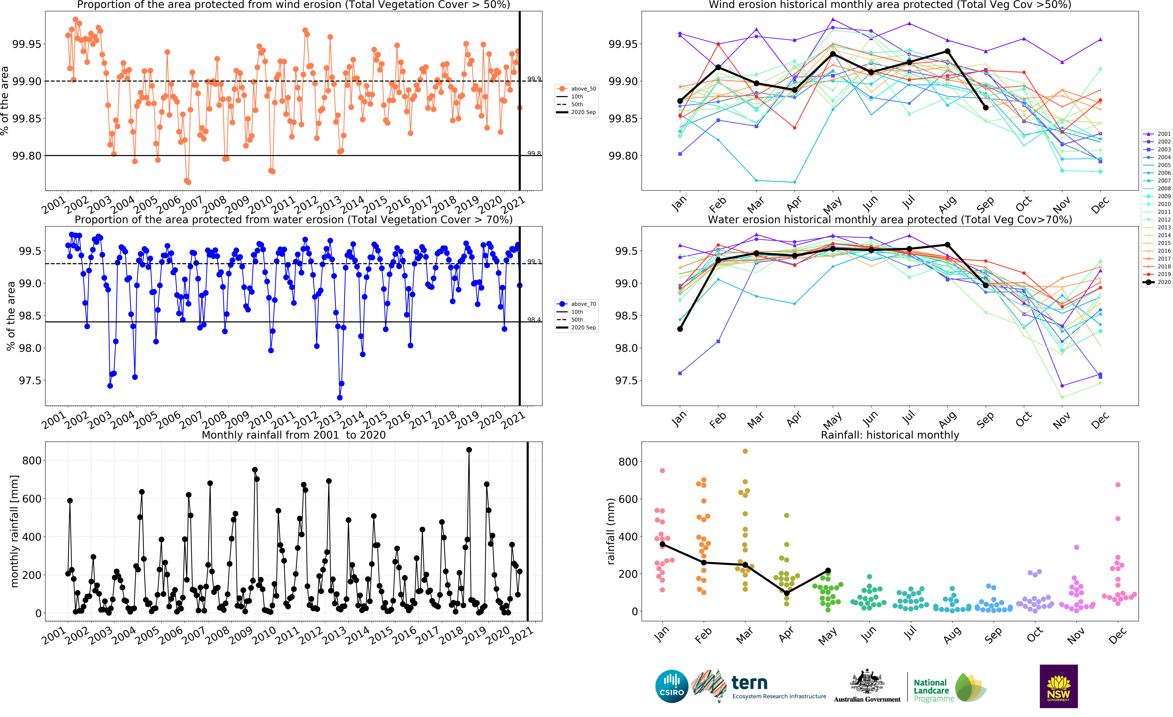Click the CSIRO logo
[672, 686]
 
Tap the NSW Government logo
[1058, 686]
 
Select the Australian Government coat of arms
[867, 681]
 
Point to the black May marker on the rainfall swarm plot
[828, 570]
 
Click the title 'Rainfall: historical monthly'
[890, 435]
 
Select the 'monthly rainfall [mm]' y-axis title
[14, 531]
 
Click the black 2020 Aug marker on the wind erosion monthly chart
[947, 51]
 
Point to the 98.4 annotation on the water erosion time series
[534, 320]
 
